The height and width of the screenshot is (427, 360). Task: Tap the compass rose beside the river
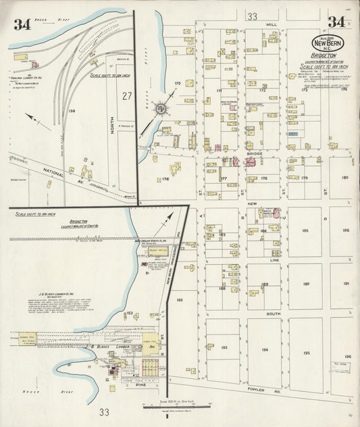point(161,108)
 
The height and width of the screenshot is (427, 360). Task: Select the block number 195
point(306,353)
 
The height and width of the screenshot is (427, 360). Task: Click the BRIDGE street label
point(255,154)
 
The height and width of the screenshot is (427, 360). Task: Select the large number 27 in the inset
point(126,96)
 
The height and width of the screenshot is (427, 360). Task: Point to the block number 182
point(180,299)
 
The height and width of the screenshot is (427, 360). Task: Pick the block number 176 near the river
point(164,179)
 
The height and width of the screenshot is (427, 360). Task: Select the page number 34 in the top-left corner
point(22,25)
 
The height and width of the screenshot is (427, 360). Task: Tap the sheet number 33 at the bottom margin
point(103,412)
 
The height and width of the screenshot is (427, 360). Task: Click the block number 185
point(306,230)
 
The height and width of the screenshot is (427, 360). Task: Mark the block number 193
point(223,347)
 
